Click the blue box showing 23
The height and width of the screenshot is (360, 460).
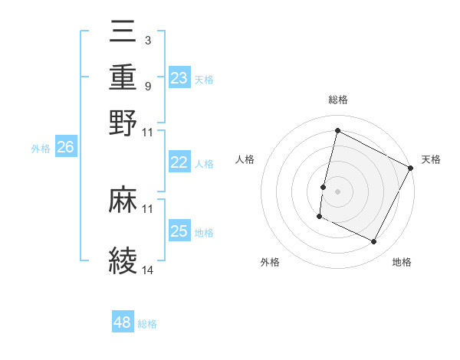pos(179,78)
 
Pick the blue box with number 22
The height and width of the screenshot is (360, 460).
pos(179,162)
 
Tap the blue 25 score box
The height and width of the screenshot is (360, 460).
pos(179,231)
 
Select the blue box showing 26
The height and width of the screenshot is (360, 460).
pos(65,148)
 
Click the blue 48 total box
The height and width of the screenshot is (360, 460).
pos(123,322)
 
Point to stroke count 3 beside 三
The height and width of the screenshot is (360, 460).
pos(147,40)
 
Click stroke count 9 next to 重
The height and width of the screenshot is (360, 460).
pos(147,86)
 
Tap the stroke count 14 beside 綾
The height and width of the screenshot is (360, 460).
pos(148,270)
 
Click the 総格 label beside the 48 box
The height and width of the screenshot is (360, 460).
pos(147,324)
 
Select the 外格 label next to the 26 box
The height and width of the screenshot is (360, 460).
pos(41,149)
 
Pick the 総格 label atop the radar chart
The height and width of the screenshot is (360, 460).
pos(337,100)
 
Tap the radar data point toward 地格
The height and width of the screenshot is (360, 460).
pos(374,242)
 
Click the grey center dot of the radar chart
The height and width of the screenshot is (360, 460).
pos(337,191)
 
